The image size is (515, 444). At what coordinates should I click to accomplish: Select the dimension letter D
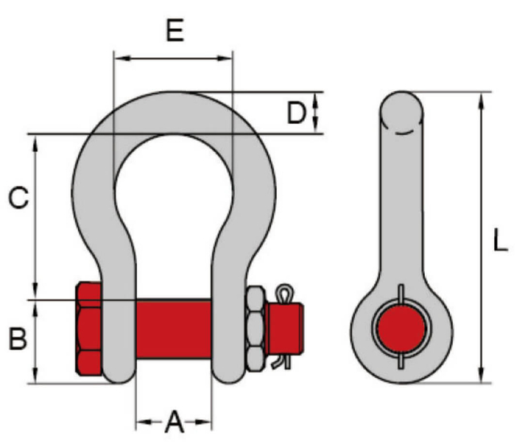(x=297, y=113)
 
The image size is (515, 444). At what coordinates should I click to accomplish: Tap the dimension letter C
(x=18, y=198)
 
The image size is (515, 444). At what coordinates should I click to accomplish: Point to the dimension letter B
(x=18, y=339)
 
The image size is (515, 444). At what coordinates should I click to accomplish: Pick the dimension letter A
(x=174, y=421)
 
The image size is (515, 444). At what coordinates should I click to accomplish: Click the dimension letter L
(x=501, y=241)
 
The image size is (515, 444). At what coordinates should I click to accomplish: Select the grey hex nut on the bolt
(x=256, y=330)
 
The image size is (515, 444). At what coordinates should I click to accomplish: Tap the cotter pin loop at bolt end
(x=282, y=292)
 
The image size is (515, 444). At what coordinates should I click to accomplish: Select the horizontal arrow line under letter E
(x=174, y=58)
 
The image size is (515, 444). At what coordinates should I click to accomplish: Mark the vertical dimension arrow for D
(x=315, y=113)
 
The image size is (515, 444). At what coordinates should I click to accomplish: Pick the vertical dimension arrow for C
(x=36, y=217)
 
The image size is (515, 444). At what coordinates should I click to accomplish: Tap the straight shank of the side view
(x=400, y=209)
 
